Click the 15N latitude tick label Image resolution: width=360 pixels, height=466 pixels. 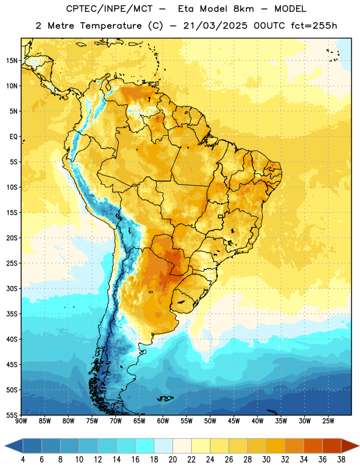[12, 61]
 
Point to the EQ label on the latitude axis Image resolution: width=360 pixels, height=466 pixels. [13, 137]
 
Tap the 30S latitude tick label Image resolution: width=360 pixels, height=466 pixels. [12, 288]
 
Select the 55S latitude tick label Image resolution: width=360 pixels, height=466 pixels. [12, 415]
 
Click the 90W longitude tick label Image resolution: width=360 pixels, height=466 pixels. [21, 421]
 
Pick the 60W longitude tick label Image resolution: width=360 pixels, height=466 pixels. [163, 421]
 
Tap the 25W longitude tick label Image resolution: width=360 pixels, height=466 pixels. [328, 421]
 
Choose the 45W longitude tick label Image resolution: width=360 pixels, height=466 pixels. [234, 421]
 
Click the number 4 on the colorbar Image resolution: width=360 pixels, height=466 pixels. [23, 460]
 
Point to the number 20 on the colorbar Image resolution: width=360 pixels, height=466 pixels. [172, 460]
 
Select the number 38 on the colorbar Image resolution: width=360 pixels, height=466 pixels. [341, 460]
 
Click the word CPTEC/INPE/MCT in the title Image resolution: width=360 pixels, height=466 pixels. [109, 9]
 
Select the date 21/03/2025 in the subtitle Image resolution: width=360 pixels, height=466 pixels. [215, 26]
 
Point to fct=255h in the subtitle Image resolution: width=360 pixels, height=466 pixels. [314, 26]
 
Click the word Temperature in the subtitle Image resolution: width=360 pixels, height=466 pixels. [111, 26]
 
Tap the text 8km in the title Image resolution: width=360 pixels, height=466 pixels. [243, 9]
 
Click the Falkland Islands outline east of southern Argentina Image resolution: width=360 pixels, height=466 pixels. [165, 398]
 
